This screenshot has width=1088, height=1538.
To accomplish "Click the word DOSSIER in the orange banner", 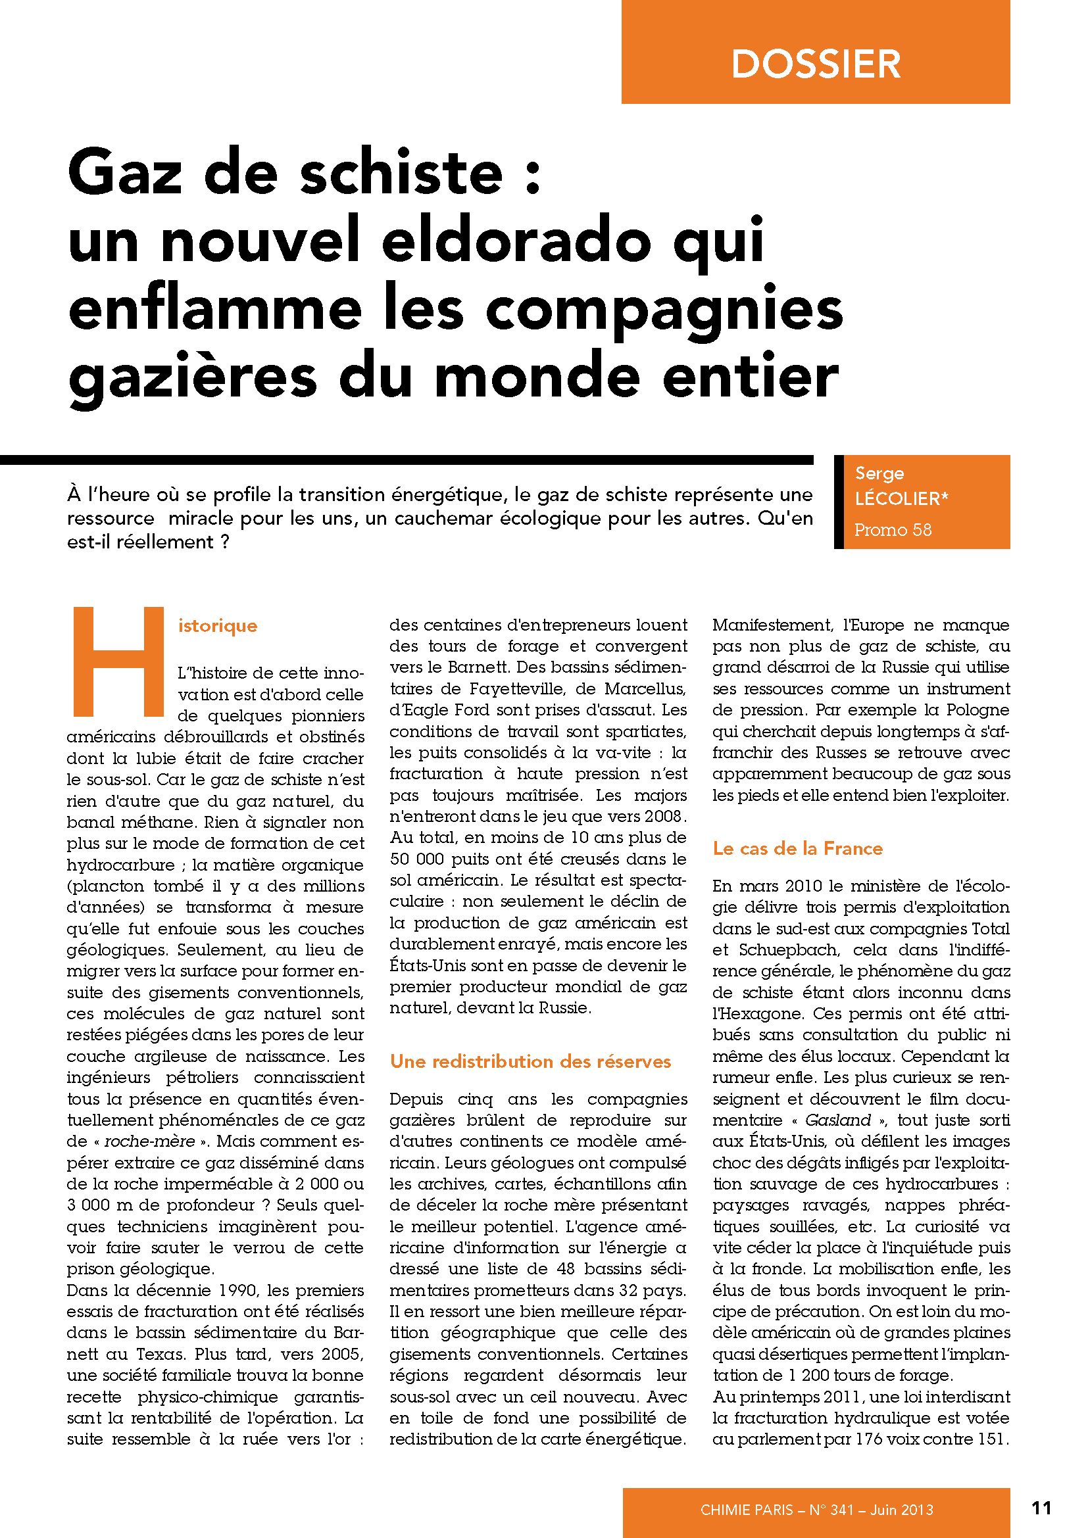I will click(815, 64).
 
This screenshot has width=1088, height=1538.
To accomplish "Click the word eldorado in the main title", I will click(516, 241).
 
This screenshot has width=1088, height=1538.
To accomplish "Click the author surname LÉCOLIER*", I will click(901, 498).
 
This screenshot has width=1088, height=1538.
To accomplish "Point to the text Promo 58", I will click(893, 530).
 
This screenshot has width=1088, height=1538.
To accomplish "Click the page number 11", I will click(1041, 1507).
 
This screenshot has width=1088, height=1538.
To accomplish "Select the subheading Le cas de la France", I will click(797, 849).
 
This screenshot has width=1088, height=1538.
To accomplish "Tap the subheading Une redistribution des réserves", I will click(530, 1062).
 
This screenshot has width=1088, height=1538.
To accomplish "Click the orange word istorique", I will click(218, 625).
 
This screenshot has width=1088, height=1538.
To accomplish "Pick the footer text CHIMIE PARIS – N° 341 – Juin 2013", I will click(816, 1509).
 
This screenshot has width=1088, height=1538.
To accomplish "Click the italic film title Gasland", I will click(837, 1120).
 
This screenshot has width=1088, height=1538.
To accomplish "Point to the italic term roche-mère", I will click(149, 1141).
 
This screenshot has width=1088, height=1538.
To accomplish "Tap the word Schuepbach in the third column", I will click(789, 950).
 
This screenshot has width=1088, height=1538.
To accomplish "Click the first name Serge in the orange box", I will click(879, 473).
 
